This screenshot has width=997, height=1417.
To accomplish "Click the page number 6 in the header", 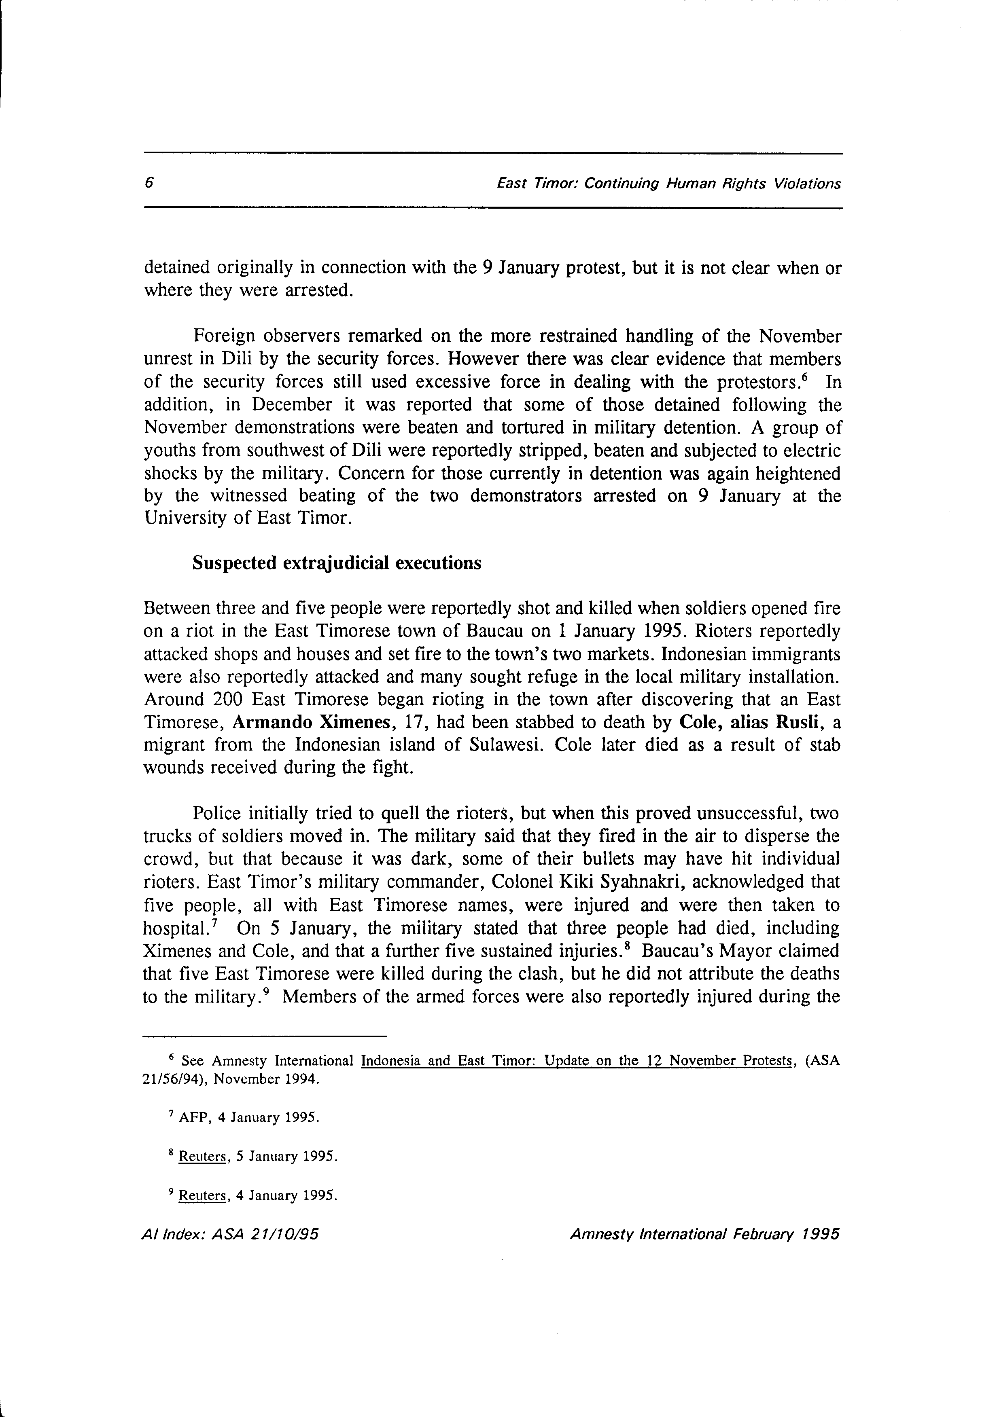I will tap(148, 183).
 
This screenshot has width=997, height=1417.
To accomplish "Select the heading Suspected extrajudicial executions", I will tap(337, 563).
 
